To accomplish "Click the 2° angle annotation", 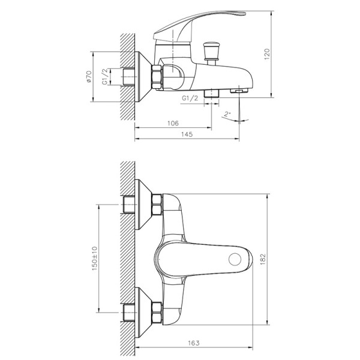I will tap(226, 113).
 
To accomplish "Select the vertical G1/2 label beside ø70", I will tap(106, 77).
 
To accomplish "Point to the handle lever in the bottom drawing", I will tap(204, 258).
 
